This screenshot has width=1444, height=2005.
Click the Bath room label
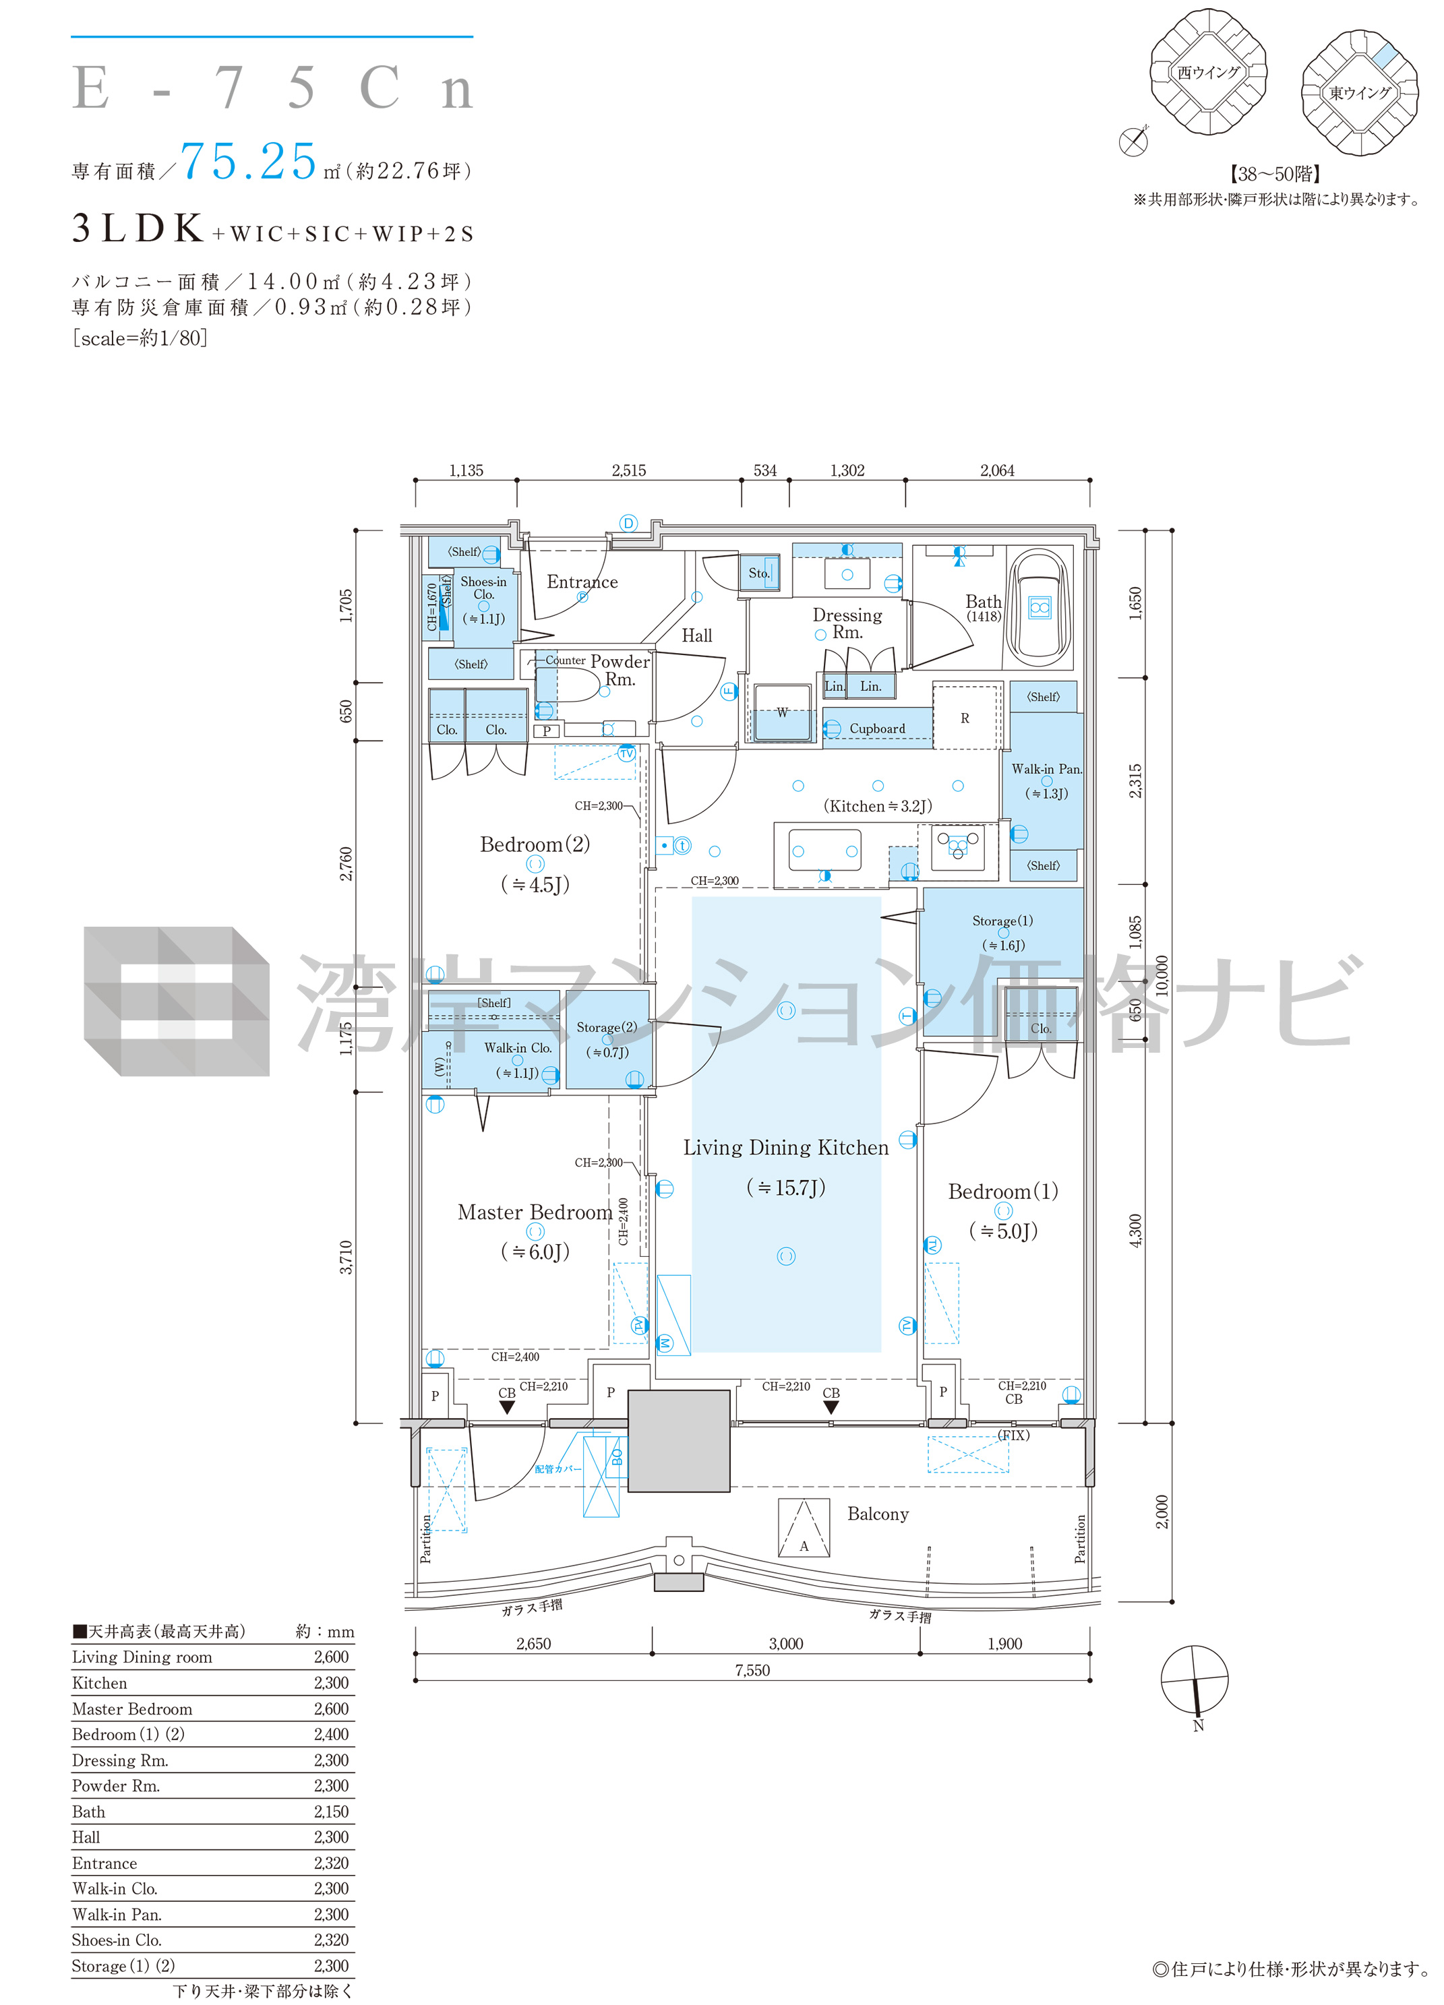[984, 601]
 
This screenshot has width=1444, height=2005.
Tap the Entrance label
[582, 582]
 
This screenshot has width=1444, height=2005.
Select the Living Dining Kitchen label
[785, 1148]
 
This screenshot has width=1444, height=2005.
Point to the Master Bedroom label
[535, 1212]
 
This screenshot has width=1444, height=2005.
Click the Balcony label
[877, 1514]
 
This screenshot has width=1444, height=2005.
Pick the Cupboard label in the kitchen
[877, 729]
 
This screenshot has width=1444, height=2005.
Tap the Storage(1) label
[1002, 921]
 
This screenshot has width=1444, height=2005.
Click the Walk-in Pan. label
[1046, 769]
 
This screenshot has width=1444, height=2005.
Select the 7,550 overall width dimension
[752, 1670]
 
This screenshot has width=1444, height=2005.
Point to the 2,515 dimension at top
[629, 470]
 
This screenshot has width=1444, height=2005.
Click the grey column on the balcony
[679, 1441]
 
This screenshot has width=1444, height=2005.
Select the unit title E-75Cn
[273, 88]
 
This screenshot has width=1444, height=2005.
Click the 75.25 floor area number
[249, 162]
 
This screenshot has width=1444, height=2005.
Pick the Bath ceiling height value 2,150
[332, 1812]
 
